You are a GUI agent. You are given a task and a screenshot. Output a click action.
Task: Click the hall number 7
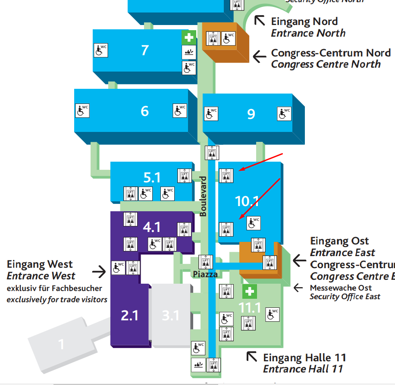click(x=145, y=50)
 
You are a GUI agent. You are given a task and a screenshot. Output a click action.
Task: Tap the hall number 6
click(x=145, y=111)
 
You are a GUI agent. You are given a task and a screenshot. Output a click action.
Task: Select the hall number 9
click(x=251, y=113)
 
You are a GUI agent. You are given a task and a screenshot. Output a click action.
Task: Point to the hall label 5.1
click(x=152, y=177)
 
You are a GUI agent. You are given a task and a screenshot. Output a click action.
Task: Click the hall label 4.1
click(x=152, y=226)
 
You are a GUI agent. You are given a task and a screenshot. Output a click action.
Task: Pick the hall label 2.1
click(x=129, y=316)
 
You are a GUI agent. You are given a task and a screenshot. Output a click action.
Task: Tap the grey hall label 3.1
click(x=170, y=316)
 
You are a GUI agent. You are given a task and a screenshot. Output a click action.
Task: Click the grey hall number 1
click(x=61, y=344)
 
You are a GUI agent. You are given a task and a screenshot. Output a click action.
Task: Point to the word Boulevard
click(x=204, y=197)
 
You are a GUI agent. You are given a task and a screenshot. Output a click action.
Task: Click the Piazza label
click(x=205, y=274)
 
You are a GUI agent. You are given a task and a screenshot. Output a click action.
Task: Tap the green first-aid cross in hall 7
click(x=188, y=38)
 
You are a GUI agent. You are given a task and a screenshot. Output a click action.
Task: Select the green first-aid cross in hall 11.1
click(x=249, y=292)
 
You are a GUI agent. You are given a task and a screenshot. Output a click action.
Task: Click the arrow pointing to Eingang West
click(x=99, y=271)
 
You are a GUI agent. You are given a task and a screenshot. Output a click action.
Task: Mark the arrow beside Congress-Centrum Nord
click(x=260, y=56)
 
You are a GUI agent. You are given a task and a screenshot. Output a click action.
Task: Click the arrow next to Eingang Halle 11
click(x=251, y=356)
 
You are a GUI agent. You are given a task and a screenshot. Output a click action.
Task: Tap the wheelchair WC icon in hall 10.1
click(x=254, y=223)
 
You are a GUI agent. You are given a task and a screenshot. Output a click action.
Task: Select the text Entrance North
click(x=308, y=33)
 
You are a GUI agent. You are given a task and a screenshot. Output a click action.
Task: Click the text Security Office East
click(x=345, y=296)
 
